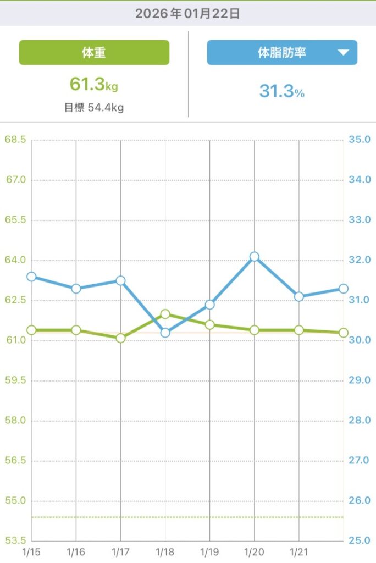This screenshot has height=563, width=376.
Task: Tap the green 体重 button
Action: pos(94,53)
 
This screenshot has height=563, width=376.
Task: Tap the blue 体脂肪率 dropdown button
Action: pos(282,53)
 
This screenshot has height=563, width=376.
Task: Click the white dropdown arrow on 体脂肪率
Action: pos(343,53)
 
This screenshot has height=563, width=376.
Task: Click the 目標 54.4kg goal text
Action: pos(94,107)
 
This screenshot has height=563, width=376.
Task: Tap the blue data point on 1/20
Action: pos(255,257)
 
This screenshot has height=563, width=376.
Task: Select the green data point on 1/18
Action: pos(165,314)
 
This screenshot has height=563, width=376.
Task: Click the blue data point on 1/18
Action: pos(165,332)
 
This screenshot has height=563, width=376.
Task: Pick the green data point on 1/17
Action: pos(121,338)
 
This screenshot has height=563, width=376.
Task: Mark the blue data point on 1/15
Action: pos(31,277)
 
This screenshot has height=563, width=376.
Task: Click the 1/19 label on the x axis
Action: pos(210,550)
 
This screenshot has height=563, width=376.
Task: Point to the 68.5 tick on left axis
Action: pos(15,140)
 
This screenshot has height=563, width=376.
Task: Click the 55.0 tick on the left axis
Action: pos(15,501)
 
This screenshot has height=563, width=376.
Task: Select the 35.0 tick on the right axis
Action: pos(360,140)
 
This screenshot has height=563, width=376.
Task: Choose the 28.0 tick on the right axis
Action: pos(360,421)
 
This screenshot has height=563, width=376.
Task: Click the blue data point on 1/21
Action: pos(299,296)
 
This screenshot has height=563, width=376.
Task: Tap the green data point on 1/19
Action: pos(210,325)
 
